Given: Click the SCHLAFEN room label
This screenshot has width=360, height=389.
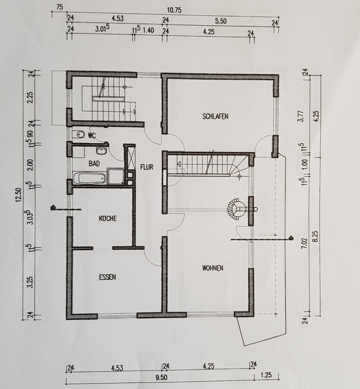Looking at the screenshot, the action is tap(215, 116).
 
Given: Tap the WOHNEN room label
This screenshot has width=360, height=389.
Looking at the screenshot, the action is tap(213, 268).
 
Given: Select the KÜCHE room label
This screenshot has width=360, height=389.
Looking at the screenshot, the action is tap(108, 218).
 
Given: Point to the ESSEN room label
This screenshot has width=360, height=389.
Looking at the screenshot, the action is tap(107, 277).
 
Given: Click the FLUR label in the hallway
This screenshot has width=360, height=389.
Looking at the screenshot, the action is tap(147, 167).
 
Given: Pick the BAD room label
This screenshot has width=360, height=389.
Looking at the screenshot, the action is tap(95, 163).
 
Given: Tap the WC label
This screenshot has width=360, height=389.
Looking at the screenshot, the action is tap(92, 135).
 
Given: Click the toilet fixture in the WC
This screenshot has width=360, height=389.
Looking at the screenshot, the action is tap(79, 135).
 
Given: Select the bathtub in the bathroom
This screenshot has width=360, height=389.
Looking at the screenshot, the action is tap(90, 178).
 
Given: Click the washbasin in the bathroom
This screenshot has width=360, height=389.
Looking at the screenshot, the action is tap(101, 151).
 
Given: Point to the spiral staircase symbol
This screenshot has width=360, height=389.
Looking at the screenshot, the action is tap(237, 209).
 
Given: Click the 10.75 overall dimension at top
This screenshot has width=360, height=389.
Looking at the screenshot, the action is tap(174, 10).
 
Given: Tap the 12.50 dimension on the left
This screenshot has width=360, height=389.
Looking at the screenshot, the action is tap(19, 195).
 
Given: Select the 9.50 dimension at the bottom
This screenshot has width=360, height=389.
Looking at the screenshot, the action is tap(161, 377).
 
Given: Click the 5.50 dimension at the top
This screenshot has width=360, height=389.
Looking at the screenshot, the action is tap(221, 21).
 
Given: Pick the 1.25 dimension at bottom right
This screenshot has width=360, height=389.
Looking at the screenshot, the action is tap(266, 375).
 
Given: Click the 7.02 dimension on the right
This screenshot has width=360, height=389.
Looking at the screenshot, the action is tap(305, 243).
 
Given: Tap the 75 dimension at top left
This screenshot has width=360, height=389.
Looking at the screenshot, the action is tap(60, 7).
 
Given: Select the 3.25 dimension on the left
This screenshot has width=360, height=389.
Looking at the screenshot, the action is tap(30, 282).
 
